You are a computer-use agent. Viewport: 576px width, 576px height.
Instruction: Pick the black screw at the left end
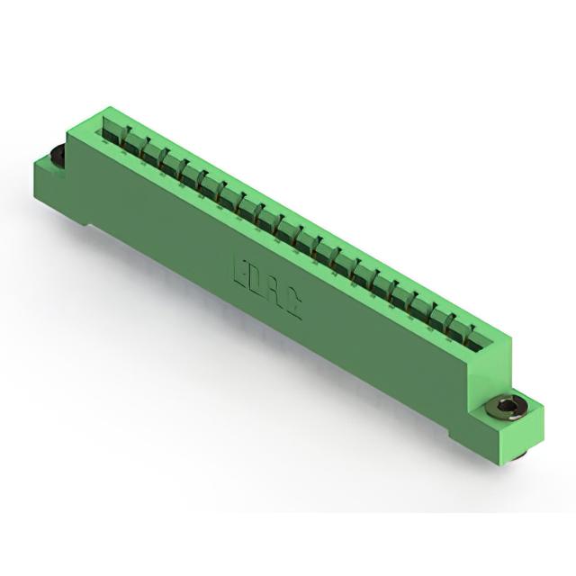click(57, 157)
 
